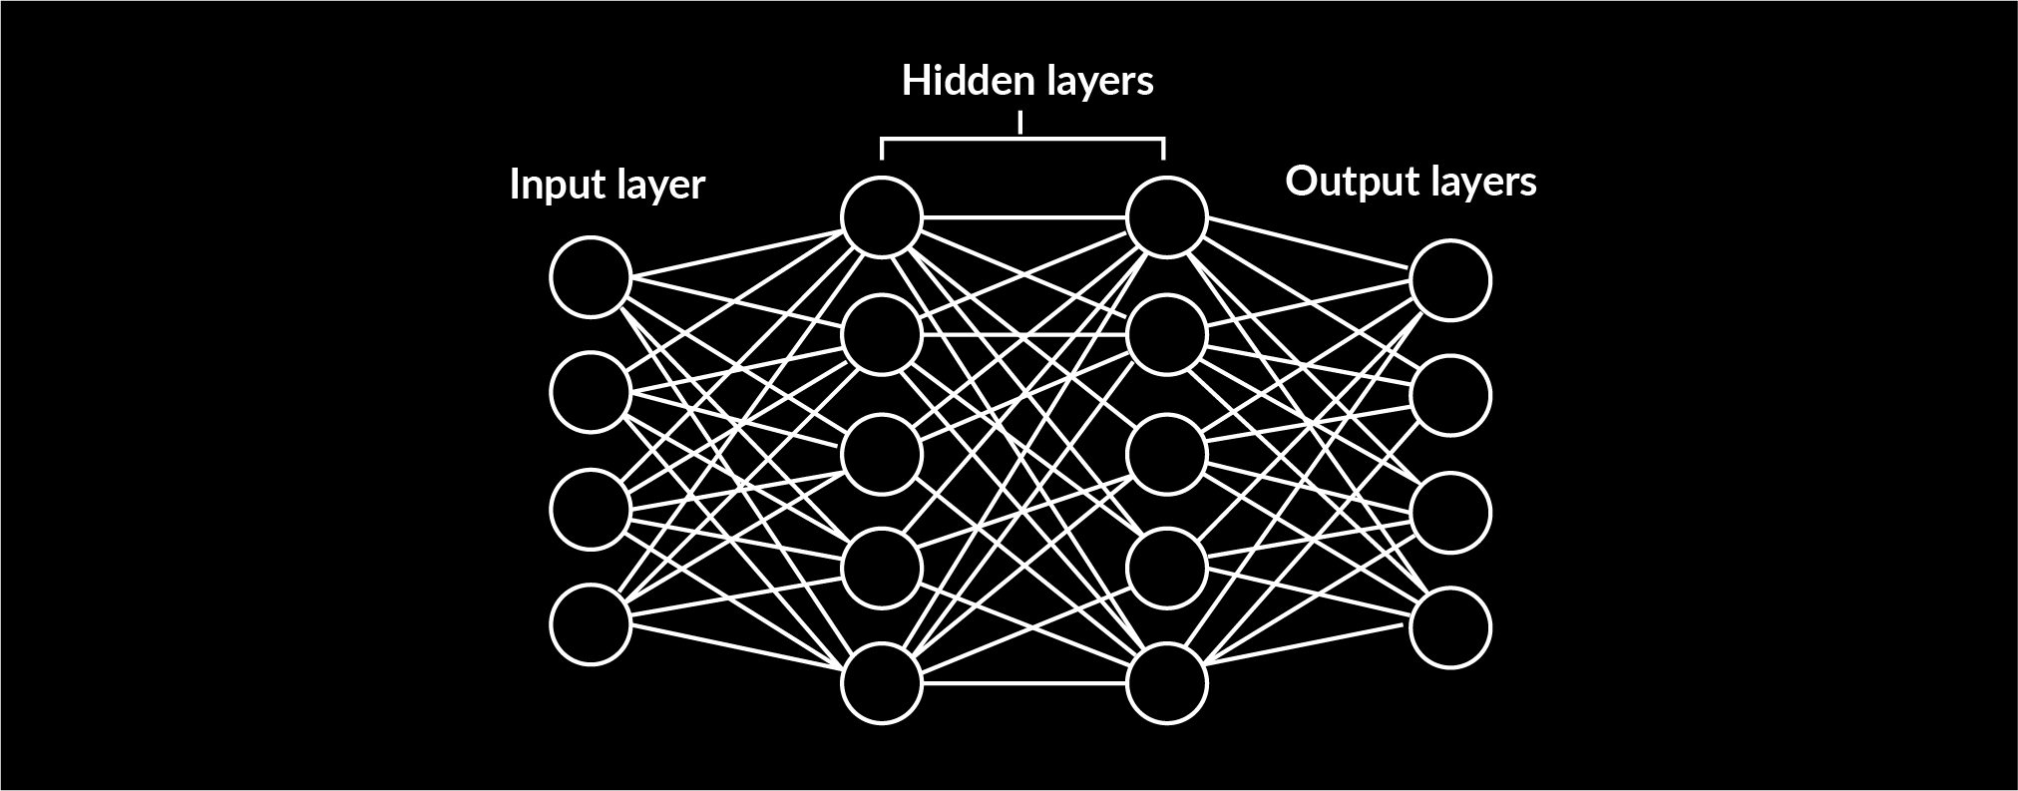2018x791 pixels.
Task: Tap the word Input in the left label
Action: (550, 186)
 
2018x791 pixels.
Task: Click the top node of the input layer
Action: (591, 277)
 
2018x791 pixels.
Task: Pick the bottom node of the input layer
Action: (591, 625)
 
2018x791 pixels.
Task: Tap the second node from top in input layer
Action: (591, 393)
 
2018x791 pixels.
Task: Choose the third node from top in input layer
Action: (591, 510)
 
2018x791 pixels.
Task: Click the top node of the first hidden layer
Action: (881, 216)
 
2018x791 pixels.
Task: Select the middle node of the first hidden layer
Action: (881, 453)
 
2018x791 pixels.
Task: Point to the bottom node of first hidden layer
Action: (881, 683)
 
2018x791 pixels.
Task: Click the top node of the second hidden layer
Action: (1166, 216)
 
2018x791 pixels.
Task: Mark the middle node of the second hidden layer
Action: (1166, 453)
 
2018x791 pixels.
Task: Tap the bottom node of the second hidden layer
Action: (1166, 683)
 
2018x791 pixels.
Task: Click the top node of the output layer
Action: (1450, 280)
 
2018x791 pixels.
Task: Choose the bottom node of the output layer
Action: (1450, 627)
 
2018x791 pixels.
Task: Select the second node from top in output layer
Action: (1450, 396)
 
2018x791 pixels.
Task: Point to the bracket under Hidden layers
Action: (1022, 140)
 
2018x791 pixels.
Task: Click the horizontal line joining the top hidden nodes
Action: (1023, 216)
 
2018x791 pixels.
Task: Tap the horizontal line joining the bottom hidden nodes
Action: (1023, 683)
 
